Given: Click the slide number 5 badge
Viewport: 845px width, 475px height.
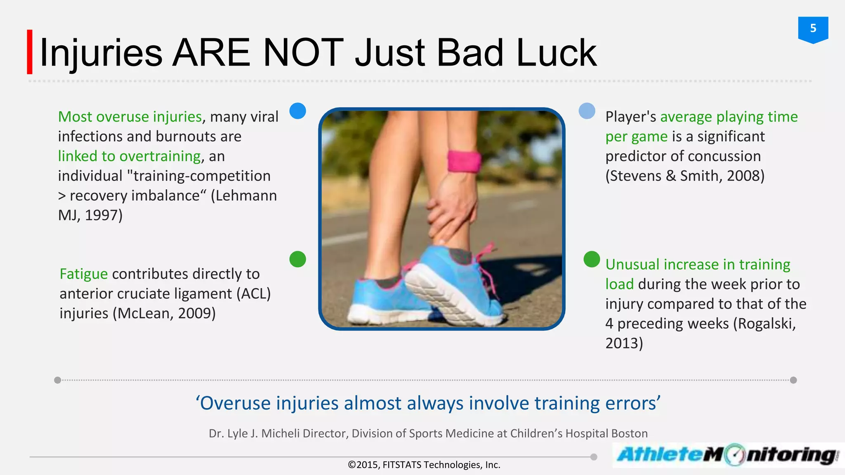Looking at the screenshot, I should click(x=813, y=29).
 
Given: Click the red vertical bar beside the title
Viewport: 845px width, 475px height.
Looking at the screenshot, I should click(x=30, y=52).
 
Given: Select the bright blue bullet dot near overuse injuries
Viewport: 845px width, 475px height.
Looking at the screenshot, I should click(x=297, y=111).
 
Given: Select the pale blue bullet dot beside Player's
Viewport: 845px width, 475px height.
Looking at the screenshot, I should click(x=587, y=111).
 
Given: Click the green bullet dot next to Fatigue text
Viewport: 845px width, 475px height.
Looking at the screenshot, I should click(x=297, y=259).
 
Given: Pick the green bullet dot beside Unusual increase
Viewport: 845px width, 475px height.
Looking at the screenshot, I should click(x=592, y=259).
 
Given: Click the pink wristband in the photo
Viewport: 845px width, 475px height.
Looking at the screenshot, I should click(x=464, y=161).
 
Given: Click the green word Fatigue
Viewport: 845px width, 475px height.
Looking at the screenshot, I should click(x=84, y=274).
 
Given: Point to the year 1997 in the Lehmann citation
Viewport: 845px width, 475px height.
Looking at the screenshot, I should click(x=101, y=215).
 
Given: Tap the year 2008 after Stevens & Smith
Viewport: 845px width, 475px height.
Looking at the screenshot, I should click(x=743, y=176).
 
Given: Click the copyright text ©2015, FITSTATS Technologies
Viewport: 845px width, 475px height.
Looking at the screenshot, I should click(x=424, y=465).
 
